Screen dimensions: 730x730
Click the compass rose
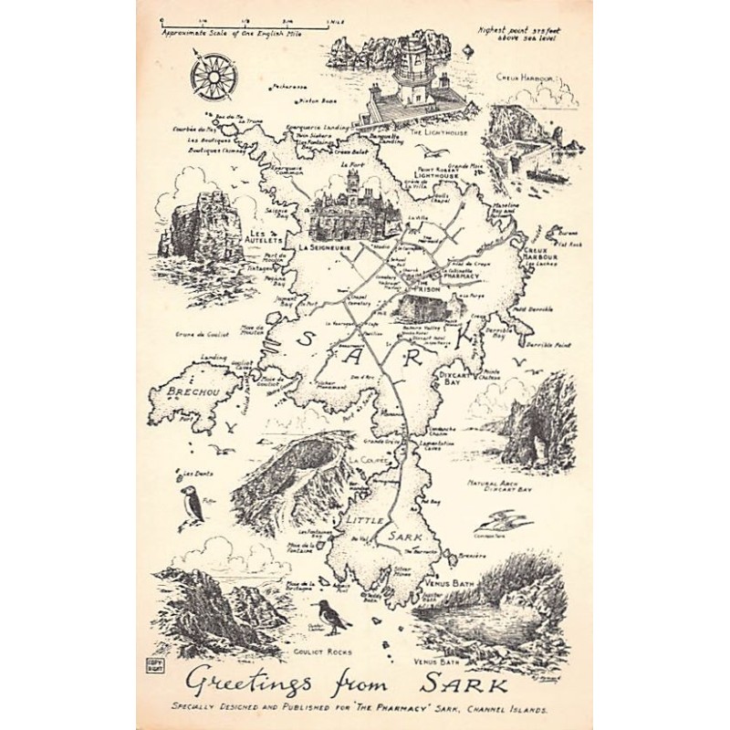pyautogui.click(x=214, y=74)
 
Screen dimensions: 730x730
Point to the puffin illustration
pyautogui.click(x=192, y=506)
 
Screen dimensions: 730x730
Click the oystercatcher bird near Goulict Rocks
pyautogui.click(x=330, y=618)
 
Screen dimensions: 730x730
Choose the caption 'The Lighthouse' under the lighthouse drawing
pyautogui.click(x=438, y=132)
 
